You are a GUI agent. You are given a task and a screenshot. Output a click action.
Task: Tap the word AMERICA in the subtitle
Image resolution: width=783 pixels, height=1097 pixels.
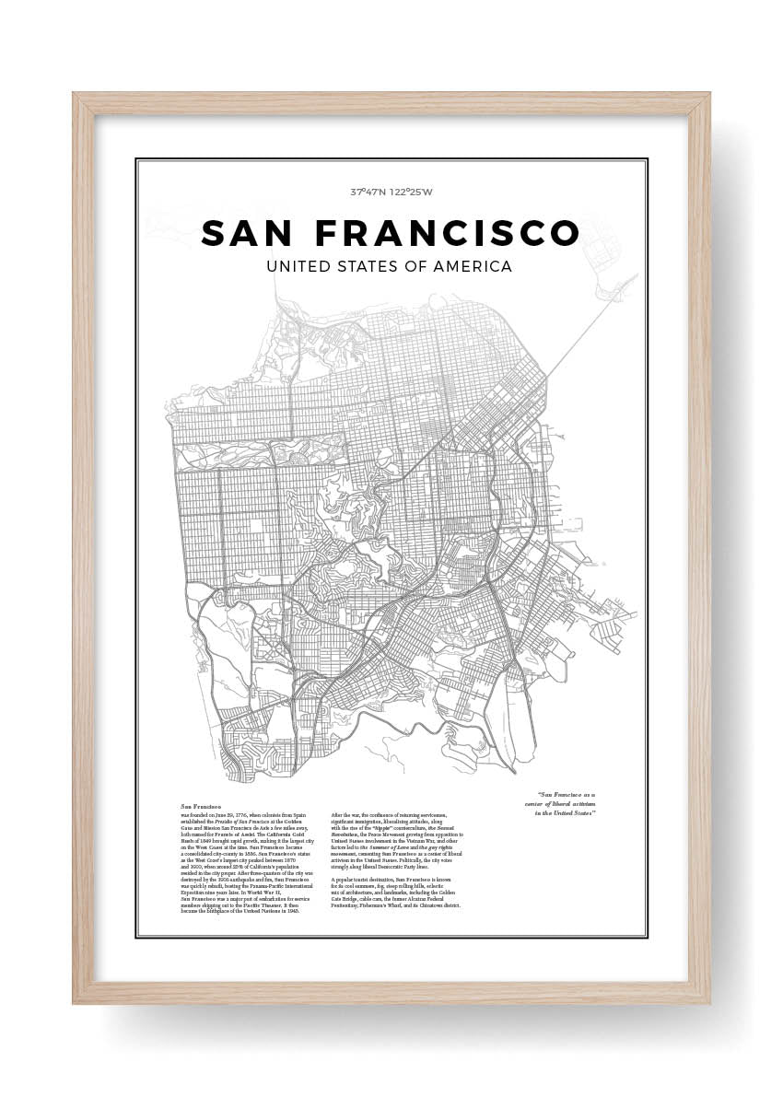pos(475,266)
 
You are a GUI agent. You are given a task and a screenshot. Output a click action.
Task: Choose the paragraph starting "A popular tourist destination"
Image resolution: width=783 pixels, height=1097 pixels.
pos(396,894)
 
